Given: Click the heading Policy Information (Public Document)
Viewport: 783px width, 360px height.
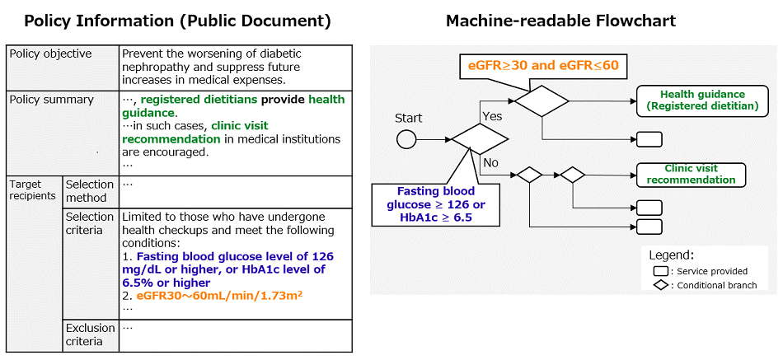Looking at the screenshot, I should pos(177,20).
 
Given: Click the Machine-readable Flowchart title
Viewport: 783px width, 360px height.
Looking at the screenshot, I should pos(560,20).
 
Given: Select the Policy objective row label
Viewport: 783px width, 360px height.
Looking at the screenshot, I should pos(50,54).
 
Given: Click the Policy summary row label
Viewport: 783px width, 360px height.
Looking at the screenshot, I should pos(51,100).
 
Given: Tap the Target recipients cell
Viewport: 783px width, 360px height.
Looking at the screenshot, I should pos(33,190).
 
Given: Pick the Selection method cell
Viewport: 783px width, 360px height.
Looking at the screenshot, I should pos(90,191).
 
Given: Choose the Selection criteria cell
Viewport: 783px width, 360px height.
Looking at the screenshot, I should pos(90,223).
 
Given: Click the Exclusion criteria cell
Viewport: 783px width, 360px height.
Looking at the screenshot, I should pos(90,334).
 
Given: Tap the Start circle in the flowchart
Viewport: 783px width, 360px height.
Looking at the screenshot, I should pos(407,138).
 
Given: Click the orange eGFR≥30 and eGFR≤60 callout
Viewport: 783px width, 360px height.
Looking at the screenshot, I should pos(543,65).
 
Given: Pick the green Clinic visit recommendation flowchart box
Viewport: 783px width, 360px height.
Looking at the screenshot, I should pos(691,175).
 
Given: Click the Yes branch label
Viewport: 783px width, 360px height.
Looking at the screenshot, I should pos(491,117).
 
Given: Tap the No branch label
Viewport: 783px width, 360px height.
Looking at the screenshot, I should pos(490,162).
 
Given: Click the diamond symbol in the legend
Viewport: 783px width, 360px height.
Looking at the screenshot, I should pos(660,285).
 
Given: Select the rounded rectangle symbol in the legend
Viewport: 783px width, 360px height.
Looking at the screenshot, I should pos(660,270).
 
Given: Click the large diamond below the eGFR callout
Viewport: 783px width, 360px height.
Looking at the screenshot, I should pos(542,101).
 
